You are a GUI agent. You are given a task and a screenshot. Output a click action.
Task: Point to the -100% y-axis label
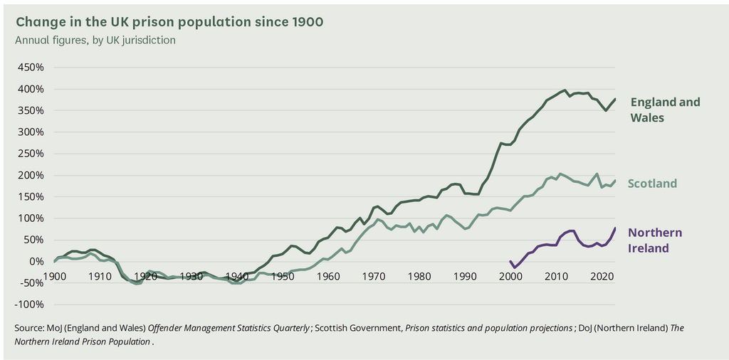pos(29,305)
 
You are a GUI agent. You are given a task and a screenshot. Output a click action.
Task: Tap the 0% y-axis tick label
pos(36,262)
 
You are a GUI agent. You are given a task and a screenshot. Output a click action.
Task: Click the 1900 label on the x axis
pos(54,276)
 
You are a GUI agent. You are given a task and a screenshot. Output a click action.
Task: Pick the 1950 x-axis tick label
pos(283,276)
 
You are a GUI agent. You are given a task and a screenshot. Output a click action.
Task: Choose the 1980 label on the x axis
pos(420,276)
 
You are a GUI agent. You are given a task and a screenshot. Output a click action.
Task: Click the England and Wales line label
pos(665,110)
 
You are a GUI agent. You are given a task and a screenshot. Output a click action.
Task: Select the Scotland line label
pos(652,184)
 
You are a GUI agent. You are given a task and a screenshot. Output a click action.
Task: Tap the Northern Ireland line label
pos(655,240)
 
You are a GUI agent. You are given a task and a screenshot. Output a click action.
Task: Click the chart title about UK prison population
pos(169,22)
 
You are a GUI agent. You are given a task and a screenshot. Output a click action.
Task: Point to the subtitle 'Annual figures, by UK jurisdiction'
pos(95,40)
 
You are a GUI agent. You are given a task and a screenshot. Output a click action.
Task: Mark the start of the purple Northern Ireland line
pos(510,261)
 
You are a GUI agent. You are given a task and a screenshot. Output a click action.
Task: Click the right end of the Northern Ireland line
pos(615,228)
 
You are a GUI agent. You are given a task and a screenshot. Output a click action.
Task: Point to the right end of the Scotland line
pos(615,180)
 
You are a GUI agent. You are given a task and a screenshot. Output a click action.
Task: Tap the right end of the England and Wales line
pos(615,99)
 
